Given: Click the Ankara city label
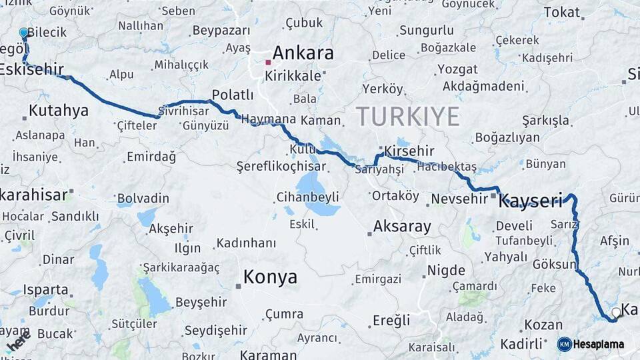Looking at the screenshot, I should tap(303, 53).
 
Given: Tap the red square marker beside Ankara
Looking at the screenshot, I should tap(268, 63).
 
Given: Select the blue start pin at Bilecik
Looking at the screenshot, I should tap(24, 33).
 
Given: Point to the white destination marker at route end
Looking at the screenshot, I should tap(616, 312).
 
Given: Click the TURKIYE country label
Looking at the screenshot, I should tap(407, 117).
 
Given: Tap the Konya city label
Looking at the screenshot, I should tap(270, 277).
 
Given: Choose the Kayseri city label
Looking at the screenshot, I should tap(531, 201).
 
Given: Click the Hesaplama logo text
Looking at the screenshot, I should tap(599, 345).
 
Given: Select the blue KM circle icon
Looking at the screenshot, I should tap(564, 345).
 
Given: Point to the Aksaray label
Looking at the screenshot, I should tap(402, 227).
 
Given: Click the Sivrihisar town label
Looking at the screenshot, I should tap(185, 112).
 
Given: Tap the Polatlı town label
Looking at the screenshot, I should tap(233, 95).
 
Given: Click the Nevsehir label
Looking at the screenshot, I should tap(460, 199).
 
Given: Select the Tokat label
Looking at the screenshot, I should tap(562, 12).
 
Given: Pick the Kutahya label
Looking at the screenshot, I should tap(59, 111).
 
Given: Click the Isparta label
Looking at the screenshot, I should tap(46, 290).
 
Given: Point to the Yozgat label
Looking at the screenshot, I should tap(458, 69).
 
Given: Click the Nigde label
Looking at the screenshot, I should tap(446, 271).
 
